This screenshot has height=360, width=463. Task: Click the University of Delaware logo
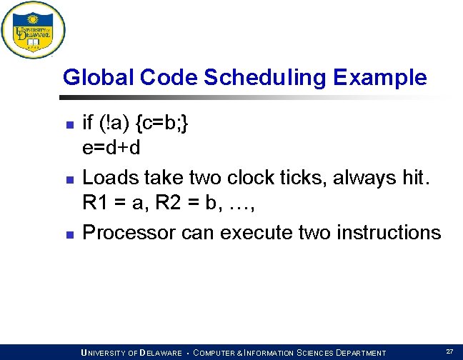(33, 30)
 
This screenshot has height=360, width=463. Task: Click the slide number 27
(449, 351)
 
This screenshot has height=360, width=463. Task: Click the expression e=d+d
(111, 148)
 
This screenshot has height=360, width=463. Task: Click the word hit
(413, 178)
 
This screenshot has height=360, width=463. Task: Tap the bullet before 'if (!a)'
(69, 125)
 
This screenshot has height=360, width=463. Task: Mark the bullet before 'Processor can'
(69, 234)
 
